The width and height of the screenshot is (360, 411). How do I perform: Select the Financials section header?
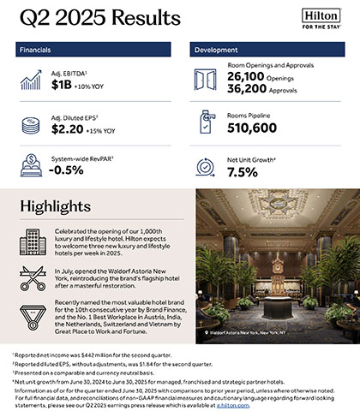44,51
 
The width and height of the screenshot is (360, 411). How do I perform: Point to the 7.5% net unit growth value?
243,171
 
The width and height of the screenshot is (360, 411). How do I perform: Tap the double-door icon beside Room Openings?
207,80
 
